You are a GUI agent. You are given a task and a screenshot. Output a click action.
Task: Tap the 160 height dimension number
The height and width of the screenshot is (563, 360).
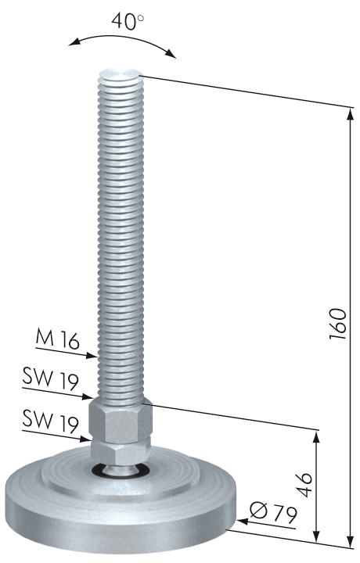coord(338,324)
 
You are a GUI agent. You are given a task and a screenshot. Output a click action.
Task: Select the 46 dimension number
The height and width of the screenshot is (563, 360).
coord(305,485)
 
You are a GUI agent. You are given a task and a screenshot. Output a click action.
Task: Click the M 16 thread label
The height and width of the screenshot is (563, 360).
coord(57,339)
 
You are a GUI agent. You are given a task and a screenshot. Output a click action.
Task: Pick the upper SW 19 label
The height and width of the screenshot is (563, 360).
coord(50,379)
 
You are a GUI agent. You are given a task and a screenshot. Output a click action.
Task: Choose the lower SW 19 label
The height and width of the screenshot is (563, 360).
coord(50,421)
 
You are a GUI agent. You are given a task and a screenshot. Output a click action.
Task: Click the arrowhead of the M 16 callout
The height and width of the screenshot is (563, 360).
coord(92,356)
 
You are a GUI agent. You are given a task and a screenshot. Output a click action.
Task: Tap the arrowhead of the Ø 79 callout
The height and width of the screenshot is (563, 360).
coord(243,521)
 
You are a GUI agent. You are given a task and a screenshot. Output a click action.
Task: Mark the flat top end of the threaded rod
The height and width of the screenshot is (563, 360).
coord(121,74)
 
